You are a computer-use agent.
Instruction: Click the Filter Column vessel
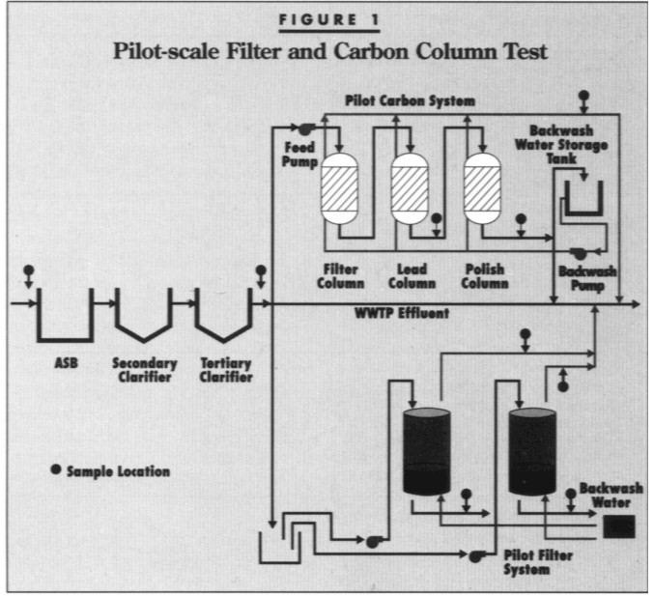(339, 190)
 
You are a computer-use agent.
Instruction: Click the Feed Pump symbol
(304, 128)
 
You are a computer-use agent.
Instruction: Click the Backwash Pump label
(586, 278)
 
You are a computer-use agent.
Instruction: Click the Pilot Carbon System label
(410, 100)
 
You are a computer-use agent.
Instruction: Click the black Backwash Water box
(617, 526)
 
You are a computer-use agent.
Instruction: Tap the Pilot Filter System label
(531, 562)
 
